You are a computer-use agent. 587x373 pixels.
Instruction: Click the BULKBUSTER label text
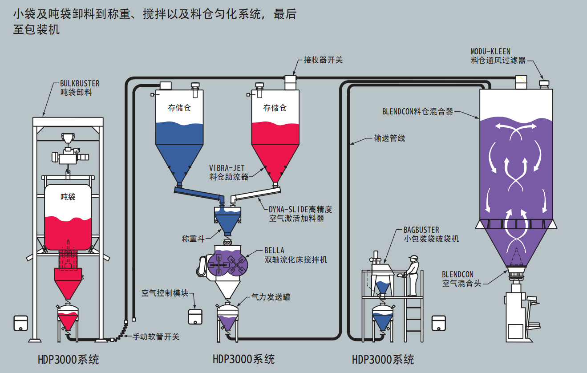point(80,83)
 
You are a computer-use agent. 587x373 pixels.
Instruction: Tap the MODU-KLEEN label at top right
point(490,51)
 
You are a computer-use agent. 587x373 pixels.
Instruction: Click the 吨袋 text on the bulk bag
point(68,196)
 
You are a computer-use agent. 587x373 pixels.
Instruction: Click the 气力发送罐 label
point(271,296)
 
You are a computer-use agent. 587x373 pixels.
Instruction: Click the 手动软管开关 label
point(156,337)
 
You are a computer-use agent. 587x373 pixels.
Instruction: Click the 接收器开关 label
point(323,60)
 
